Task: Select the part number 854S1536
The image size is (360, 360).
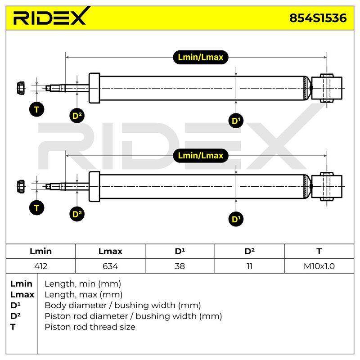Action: pyautogui.click(x=318, y=18)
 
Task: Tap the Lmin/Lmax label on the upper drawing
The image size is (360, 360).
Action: pyautogui.click(x=200, y=57)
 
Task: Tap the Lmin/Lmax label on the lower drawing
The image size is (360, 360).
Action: pyautogui.click(x=200, y=156)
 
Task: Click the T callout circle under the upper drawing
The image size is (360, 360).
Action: pyautogui.click(x=37, y=109)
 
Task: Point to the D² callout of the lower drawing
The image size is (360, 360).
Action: pyautogui.click(x=77, y=214)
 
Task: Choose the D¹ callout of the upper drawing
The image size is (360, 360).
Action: pyautogui.click(x=236, y=121)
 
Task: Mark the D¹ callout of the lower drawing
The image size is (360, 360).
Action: pyautogui.click(x=236, y=219)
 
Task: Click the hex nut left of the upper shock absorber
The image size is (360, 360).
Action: pyautogui.click(x=21, y=88)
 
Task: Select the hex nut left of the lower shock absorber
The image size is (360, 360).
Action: pyautogui.click(x=21, y=186)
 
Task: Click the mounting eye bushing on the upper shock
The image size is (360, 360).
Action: pyautogui.click(x=327, y=88)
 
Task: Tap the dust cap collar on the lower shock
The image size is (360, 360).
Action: pyautogui.click(x=94, y=187)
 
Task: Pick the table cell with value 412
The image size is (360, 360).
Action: pyautogui.click(x=41, y=266)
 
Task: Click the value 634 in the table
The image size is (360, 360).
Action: pyautogui.click(x=110, y=266)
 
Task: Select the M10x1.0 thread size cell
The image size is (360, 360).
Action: pyautogui.click(x=319, y=266)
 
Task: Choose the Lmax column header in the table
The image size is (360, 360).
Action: pyautogui.click(x=110, y=252)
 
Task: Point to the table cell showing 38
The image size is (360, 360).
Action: pyautogui.click(x=180, y=266)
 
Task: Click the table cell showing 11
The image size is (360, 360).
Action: pyautogui.click(x=250, y=266)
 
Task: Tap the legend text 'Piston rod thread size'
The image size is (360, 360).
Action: pyautogui.click(x=90, y=327)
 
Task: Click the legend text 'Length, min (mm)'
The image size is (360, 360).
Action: pyautogui.click(x=83, y=284)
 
